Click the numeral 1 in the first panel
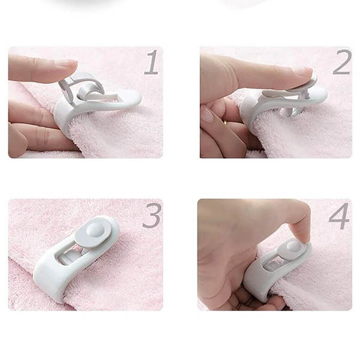[152, 62]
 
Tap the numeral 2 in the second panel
[342, 62]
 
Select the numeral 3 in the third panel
[152, 215]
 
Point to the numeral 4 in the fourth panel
[340, 216]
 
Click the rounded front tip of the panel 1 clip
[136, 99]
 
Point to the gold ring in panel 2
[225, 122]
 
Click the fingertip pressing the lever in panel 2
[303, 73]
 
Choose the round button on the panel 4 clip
[294, 246]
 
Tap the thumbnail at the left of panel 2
[208, 115]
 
